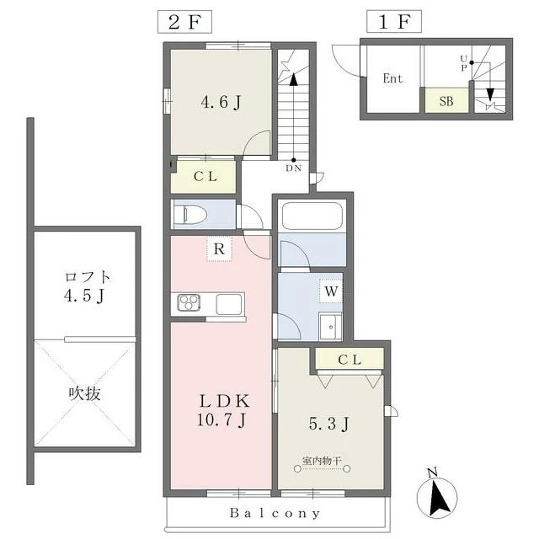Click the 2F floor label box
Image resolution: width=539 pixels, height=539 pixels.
point(184,22)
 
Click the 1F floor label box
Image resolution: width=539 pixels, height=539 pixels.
point(394,22)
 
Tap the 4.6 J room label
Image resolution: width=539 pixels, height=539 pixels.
point(221,102)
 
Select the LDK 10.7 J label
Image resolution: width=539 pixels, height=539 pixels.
point(223,410)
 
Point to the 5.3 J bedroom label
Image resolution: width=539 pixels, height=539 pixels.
point(329,424)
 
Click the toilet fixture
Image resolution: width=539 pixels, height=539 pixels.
point(189,215)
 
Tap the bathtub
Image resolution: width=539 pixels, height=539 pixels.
point(312,216)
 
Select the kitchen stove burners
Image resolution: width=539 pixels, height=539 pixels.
point(189,303)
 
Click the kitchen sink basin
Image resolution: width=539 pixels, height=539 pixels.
point(229,304)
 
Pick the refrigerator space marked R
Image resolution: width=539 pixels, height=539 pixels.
point(219,249)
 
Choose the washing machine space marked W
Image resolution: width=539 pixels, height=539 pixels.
point(331,291)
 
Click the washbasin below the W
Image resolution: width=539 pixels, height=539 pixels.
point(330,326)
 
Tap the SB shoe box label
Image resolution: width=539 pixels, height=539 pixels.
point(446,101)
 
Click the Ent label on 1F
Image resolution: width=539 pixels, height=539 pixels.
point(392,78)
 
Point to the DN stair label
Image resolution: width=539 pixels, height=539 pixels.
point(294,168)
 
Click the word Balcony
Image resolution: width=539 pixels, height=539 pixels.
point(275,513)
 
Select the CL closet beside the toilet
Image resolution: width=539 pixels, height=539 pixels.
point(205,177)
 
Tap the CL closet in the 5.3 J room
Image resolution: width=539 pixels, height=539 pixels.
point(350,360)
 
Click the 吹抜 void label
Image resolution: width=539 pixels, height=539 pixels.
point(85,393)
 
